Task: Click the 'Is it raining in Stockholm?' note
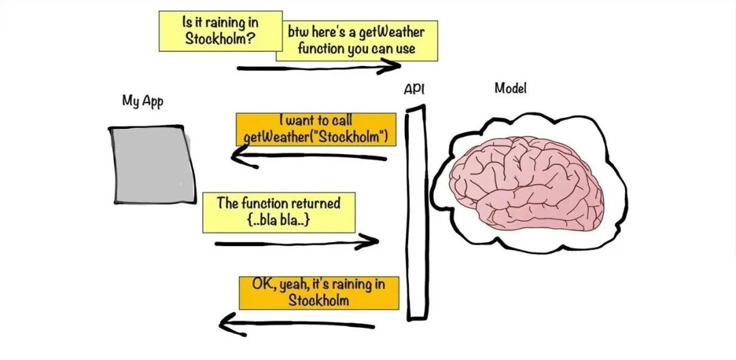(221, 31)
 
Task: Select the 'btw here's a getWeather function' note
(356, 41)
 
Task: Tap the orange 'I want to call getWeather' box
(316, 129)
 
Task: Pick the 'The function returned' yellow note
(279, 212)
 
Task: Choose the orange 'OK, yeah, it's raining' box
(319, 293)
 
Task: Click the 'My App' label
(142, 101)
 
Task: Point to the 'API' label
(414, 89)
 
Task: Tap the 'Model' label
(510, 88)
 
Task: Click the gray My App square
(153, 165)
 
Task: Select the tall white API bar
(416, 213)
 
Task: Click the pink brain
(526, 183)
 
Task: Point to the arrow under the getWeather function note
(319, 67)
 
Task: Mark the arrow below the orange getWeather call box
(309, 156)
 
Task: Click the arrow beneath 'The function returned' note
(296, 243)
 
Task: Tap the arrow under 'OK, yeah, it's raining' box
(296, 325)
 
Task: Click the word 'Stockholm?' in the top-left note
(220, 38)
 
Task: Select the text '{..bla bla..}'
(278, 221)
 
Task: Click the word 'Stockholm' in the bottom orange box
(319, 300)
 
